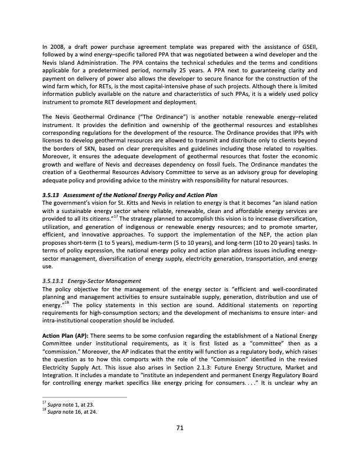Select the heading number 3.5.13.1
click(55, 281)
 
